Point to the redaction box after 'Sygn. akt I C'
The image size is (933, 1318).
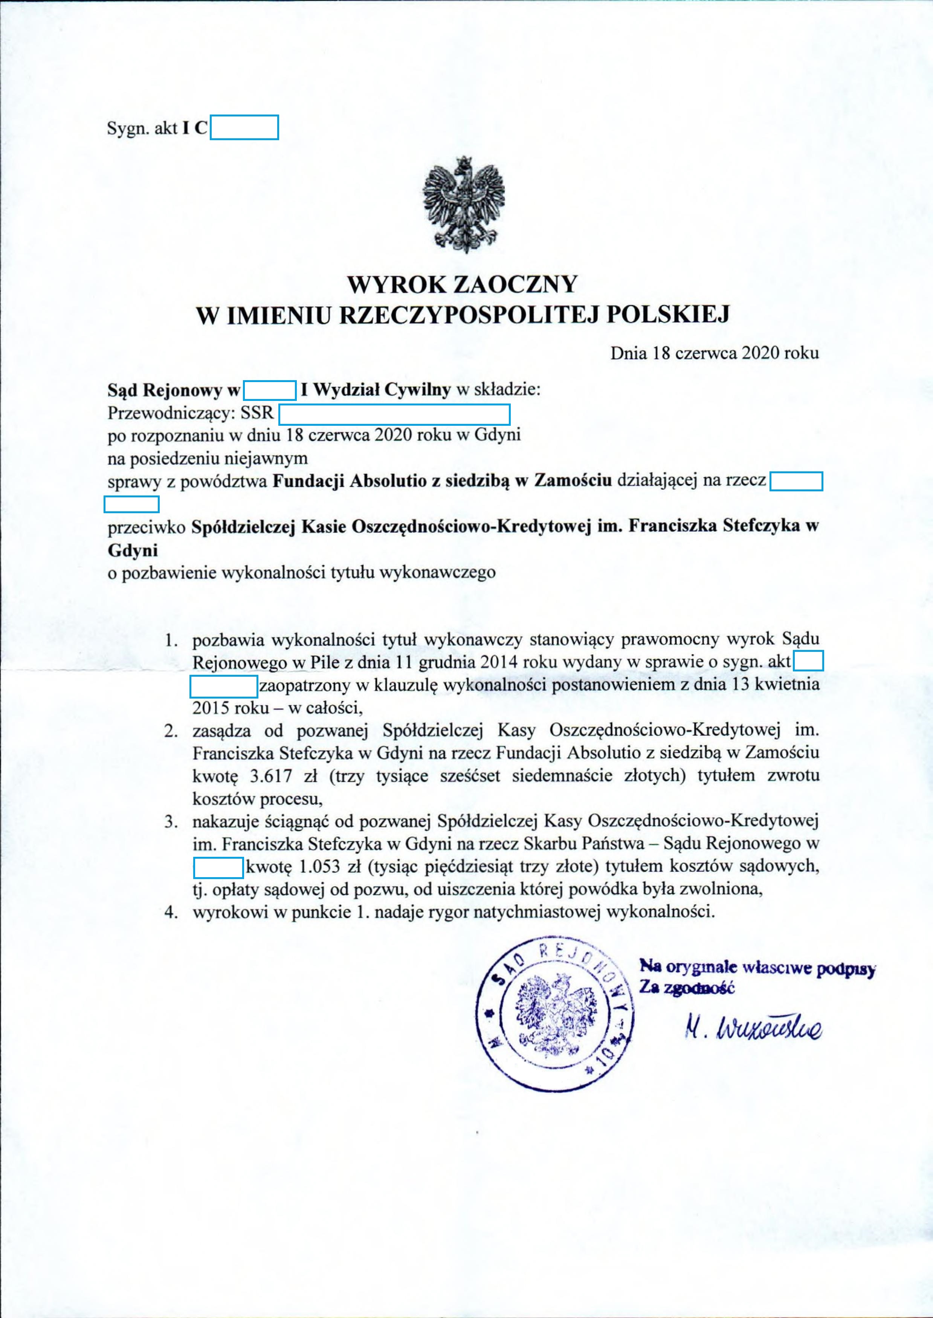pyautogui.click(x=244, y=128)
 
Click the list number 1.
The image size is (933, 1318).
pyautogui.click(x=169, y=639)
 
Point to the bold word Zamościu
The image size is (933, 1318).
pyautogui.click(x=572, y=480)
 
